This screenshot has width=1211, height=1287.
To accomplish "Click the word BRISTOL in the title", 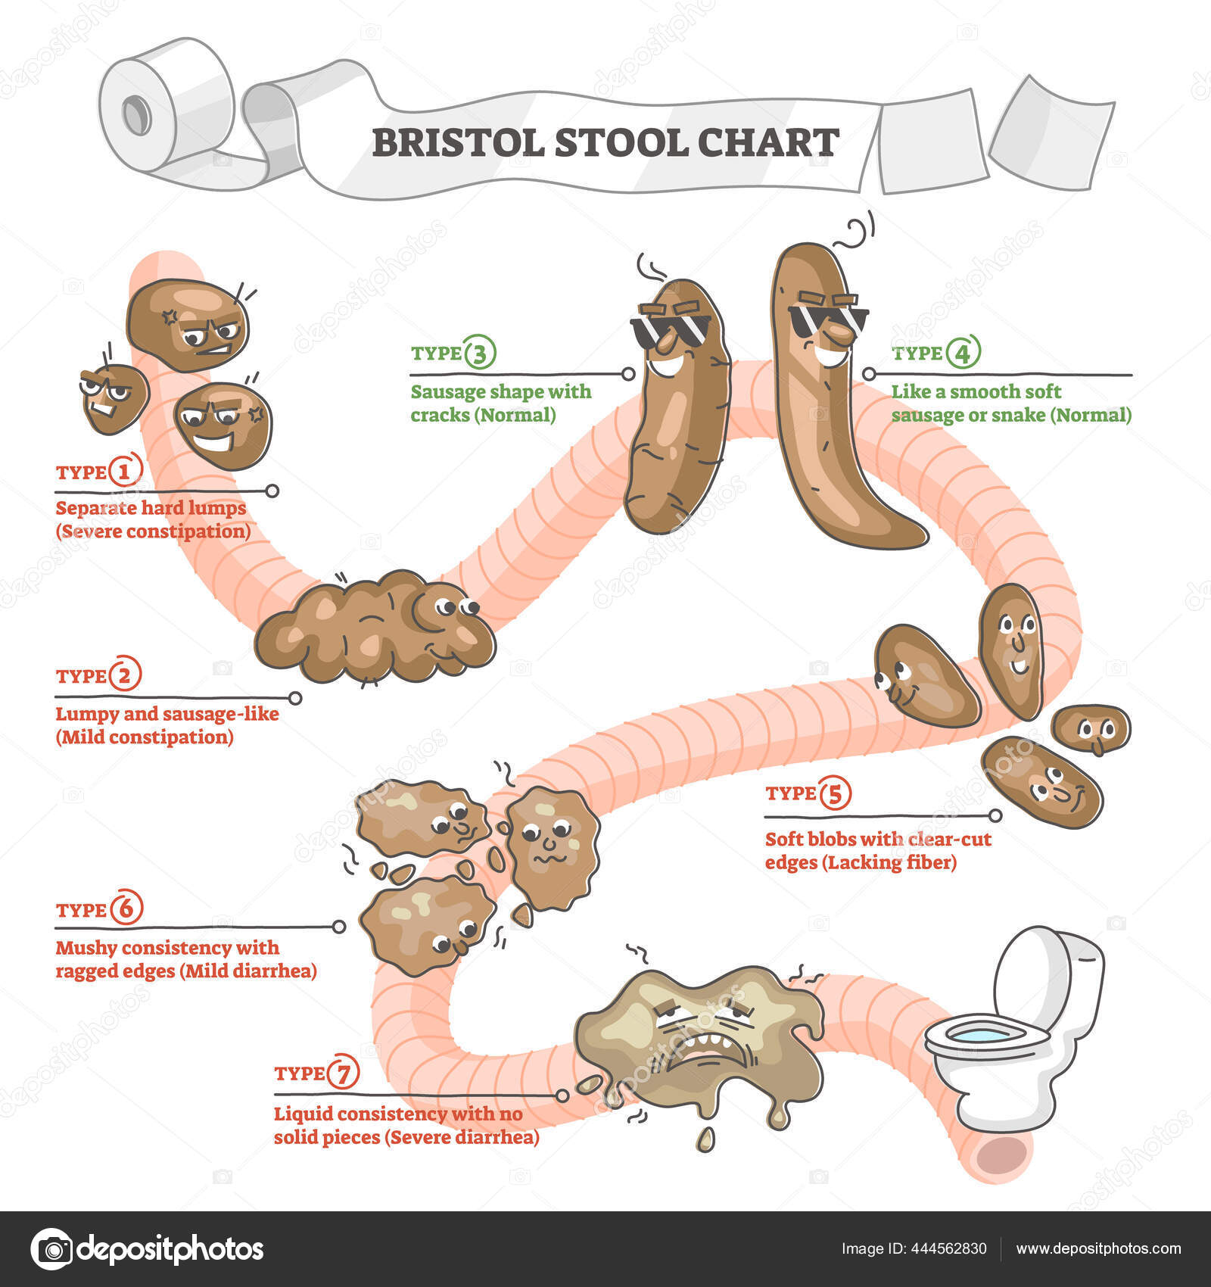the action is coord(457,142).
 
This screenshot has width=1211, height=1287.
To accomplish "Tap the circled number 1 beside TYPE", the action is coord(125,471).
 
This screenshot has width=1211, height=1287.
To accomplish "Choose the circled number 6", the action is coord(126,909).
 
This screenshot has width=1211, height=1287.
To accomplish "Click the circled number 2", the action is coord(126,675).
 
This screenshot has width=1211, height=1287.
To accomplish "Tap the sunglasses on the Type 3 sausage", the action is coord(670,329).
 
